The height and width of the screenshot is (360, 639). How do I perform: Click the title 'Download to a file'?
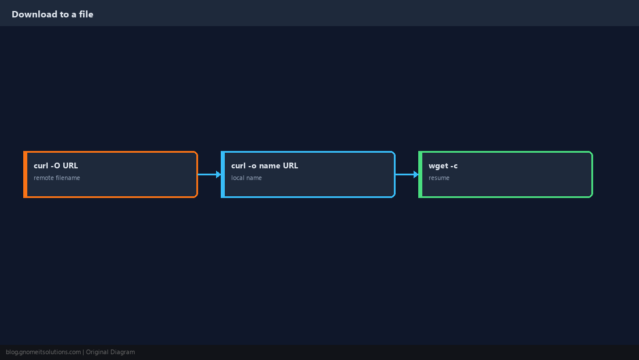[52, 15]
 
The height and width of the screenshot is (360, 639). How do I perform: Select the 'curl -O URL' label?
[56, 165]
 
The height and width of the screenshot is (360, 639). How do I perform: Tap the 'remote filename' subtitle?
[57, 178]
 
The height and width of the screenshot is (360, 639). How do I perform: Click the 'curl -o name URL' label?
[264, 165]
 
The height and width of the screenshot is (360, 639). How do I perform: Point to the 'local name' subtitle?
[246, 178]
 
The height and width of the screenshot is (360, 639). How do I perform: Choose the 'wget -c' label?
[443, 165]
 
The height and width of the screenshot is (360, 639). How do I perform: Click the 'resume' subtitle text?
[439, 178]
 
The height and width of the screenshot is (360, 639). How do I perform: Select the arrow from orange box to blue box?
[210, 174]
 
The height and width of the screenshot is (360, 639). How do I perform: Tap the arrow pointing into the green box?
[407, 174]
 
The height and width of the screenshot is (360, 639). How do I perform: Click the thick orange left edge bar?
[25, 174]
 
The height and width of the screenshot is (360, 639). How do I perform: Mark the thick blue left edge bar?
[222, 174]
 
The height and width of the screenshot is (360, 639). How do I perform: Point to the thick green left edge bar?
[420, 174]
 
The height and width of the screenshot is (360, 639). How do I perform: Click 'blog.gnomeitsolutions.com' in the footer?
[43, 352]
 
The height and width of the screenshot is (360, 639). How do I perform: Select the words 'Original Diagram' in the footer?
[110, 352]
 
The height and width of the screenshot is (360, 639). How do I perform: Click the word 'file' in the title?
[86, 15]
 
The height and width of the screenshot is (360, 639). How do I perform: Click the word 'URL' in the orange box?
[70, 165]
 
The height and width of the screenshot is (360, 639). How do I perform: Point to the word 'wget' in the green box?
[437, 166]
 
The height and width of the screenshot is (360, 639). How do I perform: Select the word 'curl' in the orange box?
[41, 165]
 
